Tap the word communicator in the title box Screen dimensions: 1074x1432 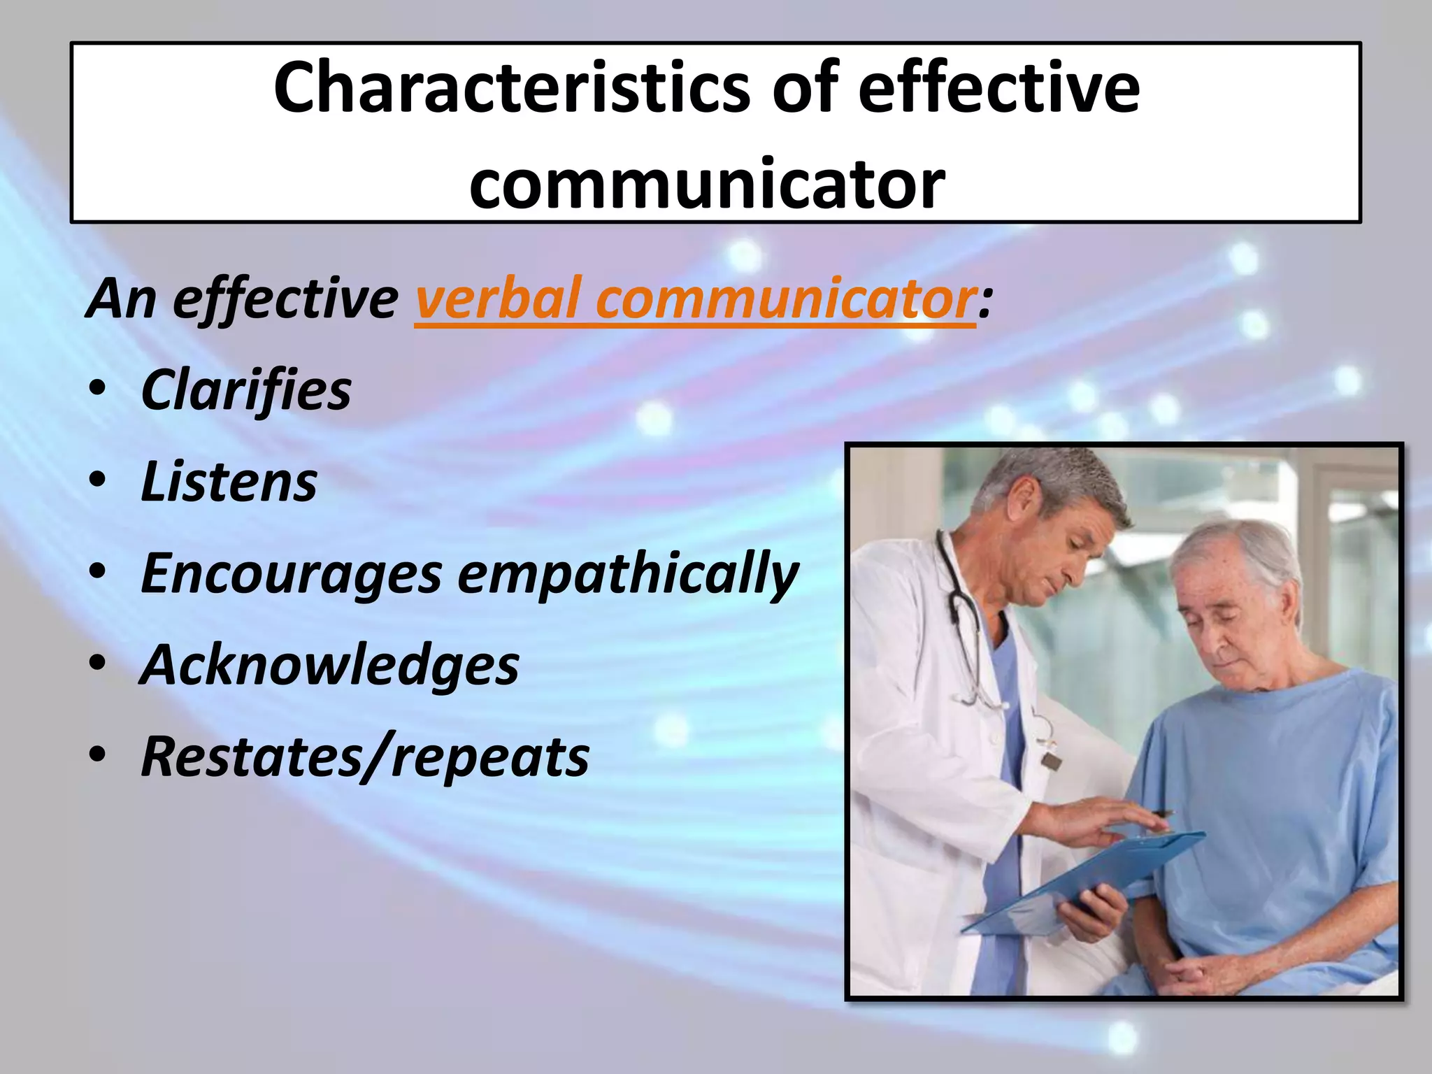tap(706, 183)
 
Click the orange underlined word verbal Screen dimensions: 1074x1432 tap(496, 299)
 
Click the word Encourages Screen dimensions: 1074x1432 tap(291, 573)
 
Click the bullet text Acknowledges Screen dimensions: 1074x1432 tap(329, 665)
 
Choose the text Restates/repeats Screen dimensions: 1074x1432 tap(364, 757)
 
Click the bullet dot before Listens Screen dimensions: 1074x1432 tap(98, 481)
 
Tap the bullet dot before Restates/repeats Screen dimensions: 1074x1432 tap(98, 755)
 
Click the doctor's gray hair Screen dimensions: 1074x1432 tap(1063, 482)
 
